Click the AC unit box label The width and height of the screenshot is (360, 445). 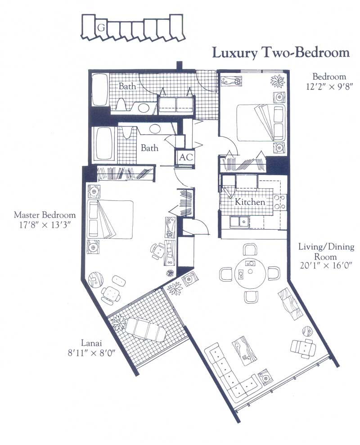tap(186, 157)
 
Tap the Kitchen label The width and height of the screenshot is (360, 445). tap(250, 202)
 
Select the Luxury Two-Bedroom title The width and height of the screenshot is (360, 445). tap(281, 53)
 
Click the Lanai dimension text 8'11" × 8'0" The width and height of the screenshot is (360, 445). tap(91, 353)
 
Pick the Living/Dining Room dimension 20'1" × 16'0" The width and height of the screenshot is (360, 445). tap(326, 266)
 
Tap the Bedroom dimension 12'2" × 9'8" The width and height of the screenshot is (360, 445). tap(329, 86)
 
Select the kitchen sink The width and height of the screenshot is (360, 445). tap(239, 222)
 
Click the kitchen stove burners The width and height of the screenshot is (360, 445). tap(279, 202)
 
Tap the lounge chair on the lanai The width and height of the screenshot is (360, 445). tap(146, 330)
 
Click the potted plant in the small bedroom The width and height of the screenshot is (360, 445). tap(278, 80)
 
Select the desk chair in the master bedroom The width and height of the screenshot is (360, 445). tap(157, 251)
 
